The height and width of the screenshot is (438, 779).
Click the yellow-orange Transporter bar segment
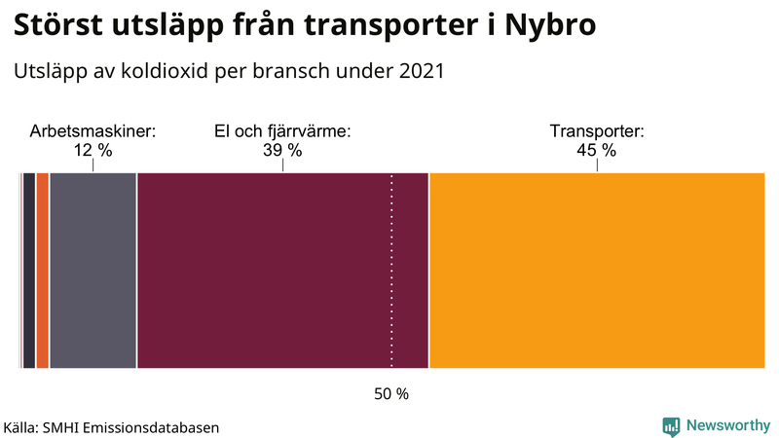tap(596, 271)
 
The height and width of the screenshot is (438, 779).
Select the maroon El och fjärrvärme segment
tap(282, 271)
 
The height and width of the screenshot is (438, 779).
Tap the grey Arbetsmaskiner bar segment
tap(93, 271)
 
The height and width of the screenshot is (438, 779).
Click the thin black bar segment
tap(29, 271)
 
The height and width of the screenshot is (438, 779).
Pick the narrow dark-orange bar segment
tap(43, 271)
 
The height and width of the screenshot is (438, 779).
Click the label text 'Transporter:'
tap(596, 131)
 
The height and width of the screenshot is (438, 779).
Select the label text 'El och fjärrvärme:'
tap(282, 131)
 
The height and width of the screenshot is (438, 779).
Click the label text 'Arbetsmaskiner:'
tap(93, 131)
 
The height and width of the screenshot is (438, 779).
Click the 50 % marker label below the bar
tap(391, 394)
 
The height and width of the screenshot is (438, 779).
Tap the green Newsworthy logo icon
tap(671, 425)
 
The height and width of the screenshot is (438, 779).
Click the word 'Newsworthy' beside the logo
tap(727, 425)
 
